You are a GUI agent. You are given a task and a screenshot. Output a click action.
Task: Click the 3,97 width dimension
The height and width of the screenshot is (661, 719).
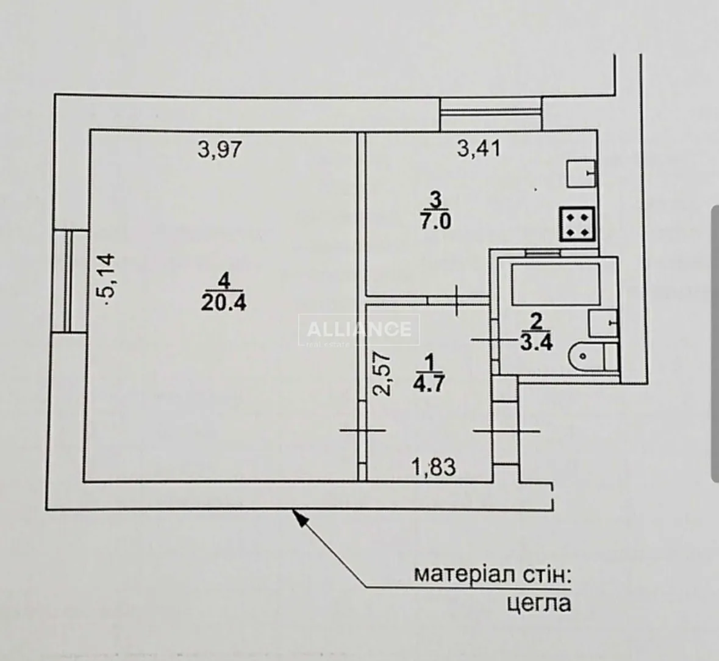point(219,149)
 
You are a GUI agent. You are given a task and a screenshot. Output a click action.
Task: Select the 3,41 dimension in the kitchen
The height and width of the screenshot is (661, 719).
point(479,148)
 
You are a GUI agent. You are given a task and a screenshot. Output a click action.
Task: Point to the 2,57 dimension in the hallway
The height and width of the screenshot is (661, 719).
point(382,374)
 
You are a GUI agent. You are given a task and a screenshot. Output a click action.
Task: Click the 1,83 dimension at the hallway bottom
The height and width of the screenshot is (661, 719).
point(434,468)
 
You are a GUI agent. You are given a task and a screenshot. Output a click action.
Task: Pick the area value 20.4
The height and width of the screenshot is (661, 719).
point(223,303)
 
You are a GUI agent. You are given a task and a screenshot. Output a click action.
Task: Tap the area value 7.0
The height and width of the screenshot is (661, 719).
point(435,222)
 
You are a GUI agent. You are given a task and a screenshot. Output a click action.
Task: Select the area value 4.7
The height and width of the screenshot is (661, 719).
point(429,383)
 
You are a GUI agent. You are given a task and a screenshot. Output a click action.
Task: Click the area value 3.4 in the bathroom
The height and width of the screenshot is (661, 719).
point(537,342)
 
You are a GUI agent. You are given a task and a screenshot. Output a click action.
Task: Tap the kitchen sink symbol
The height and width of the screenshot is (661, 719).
point(581,173)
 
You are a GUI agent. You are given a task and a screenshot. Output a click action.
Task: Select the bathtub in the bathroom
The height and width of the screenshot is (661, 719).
point(556,284)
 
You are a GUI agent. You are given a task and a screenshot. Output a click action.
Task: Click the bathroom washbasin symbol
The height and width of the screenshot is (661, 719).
point(603,323)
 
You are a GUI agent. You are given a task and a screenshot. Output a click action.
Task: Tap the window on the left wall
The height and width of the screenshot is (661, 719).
point(70,281)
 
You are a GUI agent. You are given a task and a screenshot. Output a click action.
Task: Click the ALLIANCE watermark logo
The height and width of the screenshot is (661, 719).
point(359,329)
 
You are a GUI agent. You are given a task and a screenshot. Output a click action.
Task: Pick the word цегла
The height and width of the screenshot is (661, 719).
point(538,604)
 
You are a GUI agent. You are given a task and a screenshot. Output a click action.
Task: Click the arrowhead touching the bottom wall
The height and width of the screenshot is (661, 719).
point(299,518)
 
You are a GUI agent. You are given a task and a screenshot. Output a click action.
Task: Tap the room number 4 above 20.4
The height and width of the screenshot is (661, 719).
point(224,280)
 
